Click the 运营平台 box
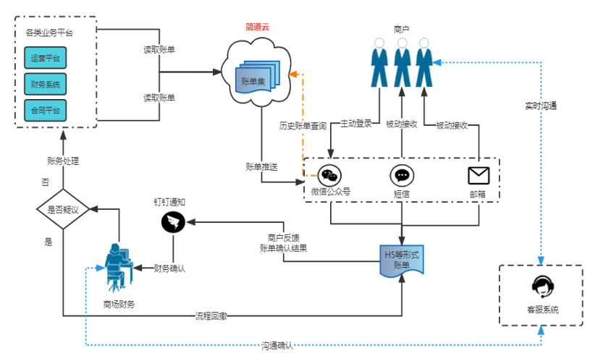pos(45,59)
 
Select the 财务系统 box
pos(45,85)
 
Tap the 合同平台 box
pos(45,110)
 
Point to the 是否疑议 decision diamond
pos(62,210)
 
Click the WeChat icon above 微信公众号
pos(330,175)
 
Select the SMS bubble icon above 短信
pos(402,175)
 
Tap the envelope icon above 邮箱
pos(479,175)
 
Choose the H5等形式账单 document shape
pos(402,260)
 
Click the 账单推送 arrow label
pos(262,166)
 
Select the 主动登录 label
pos(356,124)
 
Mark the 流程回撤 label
pos(211,316)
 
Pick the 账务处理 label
pos(63,161)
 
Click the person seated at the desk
pos(118,266)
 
